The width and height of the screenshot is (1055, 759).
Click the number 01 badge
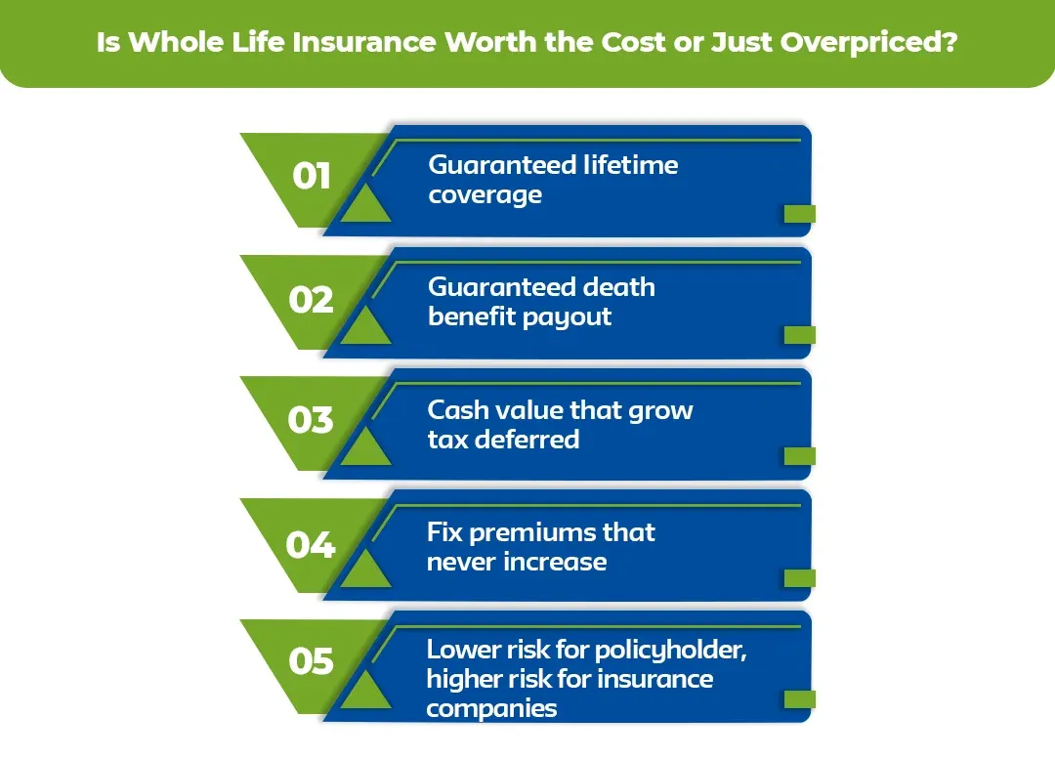312,177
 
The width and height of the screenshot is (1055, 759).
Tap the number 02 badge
312,300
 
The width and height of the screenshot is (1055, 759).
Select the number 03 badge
312,421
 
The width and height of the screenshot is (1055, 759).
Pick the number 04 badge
311,544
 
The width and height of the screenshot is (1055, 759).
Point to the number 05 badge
312,662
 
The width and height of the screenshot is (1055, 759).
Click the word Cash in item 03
459,409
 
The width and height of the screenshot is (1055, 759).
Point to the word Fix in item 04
445,532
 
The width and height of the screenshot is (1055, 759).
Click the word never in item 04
465,562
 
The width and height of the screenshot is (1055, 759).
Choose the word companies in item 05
491,708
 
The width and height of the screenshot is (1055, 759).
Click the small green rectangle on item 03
799,456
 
